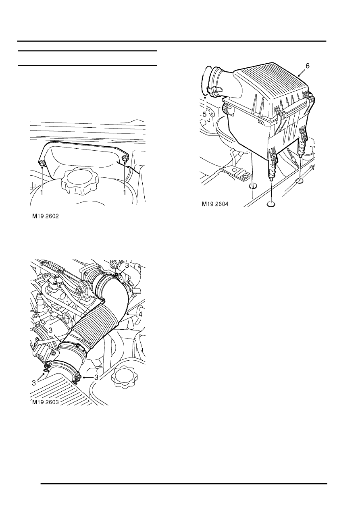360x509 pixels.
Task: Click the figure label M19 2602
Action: click(x=46, y=216)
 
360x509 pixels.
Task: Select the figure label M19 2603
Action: click(x=46, y=402)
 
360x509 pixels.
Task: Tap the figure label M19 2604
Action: click(x=215, y=204)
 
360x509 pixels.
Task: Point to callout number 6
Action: click(x=307, y=66)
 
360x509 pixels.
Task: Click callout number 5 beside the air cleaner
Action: click(x=204, y=114)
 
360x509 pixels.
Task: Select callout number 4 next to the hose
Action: click(x=140, y=314)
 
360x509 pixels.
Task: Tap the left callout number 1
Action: click(x=42, y=193)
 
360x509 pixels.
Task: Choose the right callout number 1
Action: click(x=125, y=193)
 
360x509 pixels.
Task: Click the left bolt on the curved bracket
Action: click(x=42, y=163)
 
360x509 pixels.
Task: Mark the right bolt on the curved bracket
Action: click(x=125, y=159)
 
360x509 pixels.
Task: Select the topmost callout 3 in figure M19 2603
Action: click(x=127, y=265)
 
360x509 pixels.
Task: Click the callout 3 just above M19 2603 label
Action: click(x=33, y=383)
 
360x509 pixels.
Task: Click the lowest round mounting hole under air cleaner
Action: click(x=271, y=204)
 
